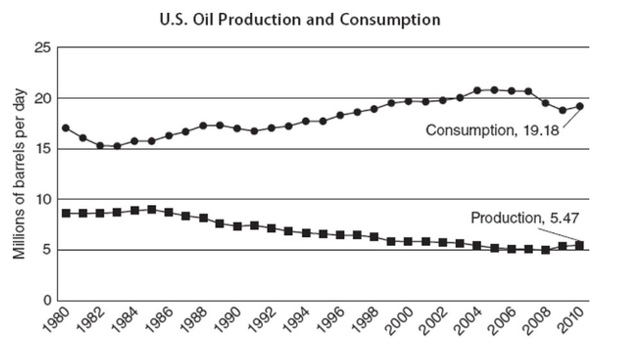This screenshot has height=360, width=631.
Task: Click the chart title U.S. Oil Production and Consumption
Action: (x=299, y=20)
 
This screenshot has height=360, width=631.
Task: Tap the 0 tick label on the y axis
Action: (x=46, y=300)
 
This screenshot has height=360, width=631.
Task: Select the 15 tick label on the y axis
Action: (x=43, y=149)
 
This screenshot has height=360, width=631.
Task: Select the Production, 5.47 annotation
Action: (x=516, y=218)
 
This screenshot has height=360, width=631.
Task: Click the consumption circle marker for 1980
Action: (x=65, y=128)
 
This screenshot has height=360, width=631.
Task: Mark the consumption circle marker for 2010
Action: (x=580, y=106)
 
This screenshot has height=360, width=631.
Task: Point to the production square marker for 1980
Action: (x=65, y=213)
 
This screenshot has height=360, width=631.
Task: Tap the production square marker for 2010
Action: (x=580, y=245)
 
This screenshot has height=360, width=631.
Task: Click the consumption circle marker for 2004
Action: (x=477, y=90)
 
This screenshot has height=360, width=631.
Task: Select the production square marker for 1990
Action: (x=237, y=226)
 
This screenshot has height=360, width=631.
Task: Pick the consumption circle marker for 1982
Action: (x=100, y=145)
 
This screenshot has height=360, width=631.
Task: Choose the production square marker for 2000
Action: (x=408, y=241)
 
